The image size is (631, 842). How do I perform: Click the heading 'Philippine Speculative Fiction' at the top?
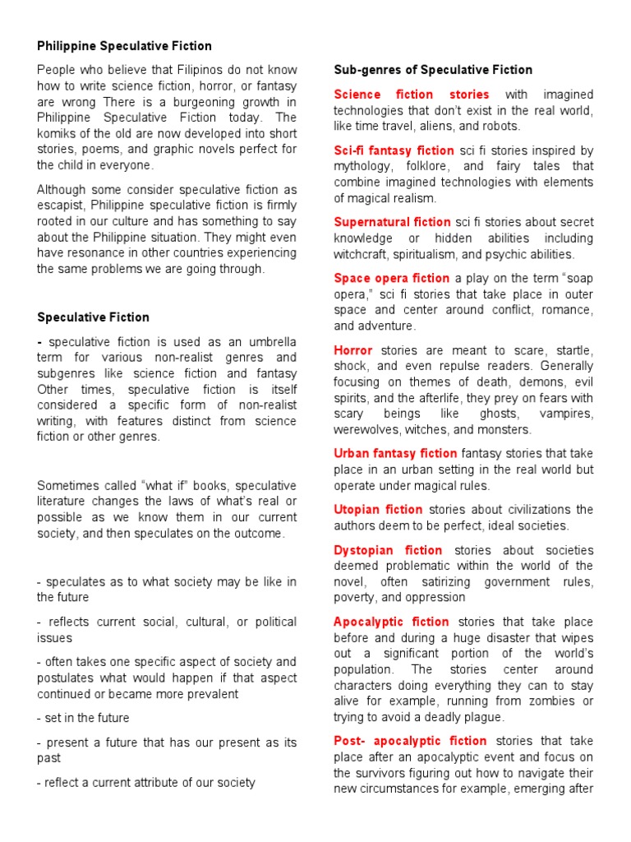[124, 46]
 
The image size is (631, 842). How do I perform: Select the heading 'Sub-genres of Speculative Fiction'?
[433, 70]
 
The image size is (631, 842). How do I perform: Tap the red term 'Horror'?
[353, 350]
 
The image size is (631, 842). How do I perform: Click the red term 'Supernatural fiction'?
[392, 222]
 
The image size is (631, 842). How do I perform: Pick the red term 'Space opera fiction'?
[391, 278]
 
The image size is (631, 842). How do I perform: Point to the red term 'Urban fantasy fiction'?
[395, 453]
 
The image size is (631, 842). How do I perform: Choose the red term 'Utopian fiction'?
[378, 510]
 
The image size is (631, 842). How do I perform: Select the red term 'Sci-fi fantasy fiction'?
[394, 150]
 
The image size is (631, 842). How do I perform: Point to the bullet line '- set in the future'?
[83, 718]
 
